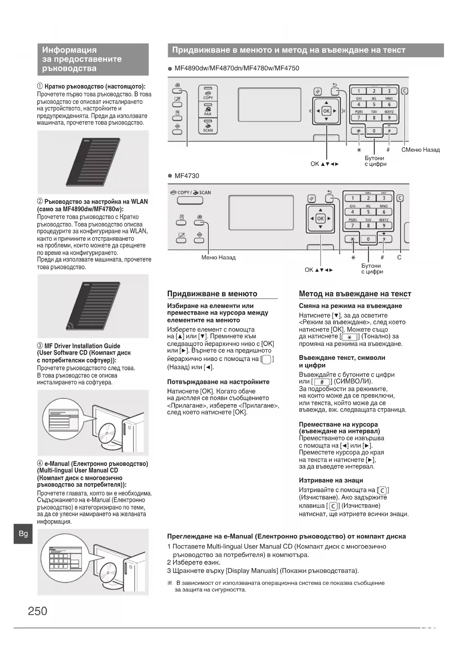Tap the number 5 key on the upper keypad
pos(374,105)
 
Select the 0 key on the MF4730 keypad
pos(368,239)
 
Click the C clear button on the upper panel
pos(405,91)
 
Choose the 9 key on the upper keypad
pos(389,118)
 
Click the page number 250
pos(38,611)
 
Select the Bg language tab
pos(23,533)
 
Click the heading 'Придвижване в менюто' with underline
pos(212,294)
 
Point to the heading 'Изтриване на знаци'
pos(331,480)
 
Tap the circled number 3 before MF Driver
pos(40,346)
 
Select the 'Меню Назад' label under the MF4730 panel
pos(218,258)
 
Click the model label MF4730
pos(187,176)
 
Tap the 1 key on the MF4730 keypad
pos(352,198)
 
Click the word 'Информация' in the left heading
pos(69,50)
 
